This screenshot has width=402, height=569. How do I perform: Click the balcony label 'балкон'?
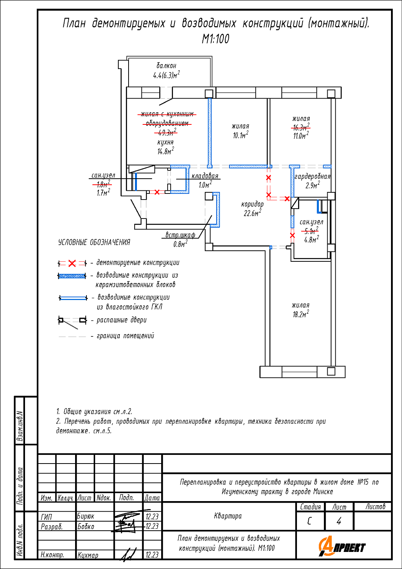[166, 66]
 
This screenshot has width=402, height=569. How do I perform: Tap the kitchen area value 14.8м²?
[166, 151]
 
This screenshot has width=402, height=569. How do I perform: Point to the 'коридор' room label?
[252, 204]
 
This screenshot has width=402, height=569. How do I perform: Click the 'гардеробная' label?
[312, 176]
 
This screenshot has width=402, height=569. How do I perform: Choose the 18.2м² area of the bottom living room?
[301, 314]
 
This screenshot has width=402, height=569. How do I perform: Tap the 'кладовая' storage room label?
[205, 176]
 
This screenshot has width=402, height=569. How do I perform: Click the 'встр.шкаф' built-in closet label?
[180, 235]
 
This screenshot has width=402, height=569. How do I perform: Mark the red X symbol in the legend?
[72, 263]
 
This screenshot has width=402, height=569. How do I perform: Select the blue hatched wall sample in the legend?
[72, 276]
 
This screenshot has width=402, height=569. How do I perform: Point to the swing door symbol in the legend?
[72, 322]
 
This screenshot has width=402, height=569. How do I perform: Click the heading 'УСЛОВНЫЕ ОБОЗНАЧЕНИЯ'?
[94, 242]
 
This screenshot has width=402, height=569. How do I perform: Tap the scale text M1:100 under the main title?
[216, 39]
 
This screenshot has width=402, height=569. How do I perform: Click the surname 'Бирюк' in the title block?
[86, 516]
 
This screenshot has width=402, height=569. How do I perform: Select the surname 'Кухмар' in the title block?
[88, 555]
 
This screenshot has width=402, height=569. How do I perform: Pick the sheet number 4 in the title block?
[339, 521]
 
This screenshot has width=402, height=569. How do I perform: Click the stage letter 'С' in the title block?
[309, 521]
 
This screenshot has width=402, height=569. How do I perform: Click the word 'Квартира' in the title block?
[228, 516]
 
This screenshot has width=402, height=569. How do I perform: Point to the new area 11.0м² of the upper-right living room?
[301, 135]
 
